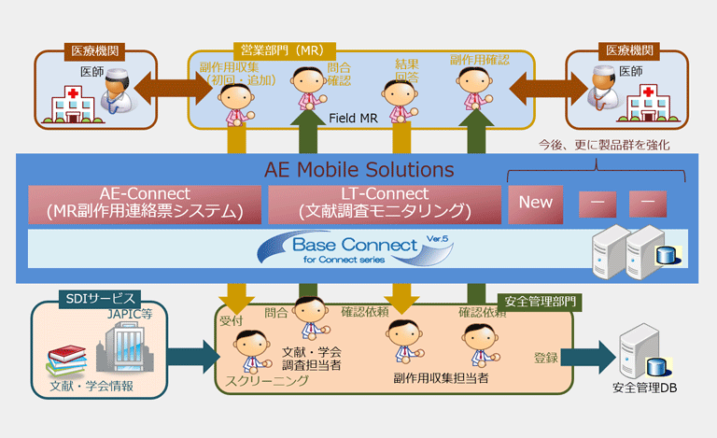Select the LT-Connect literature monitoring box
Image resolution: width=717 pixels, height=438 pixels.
383,204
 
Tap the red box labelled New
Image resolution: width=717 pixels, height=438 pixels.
536,203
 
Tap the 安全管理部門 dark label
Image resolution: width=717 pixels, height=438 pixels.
541,303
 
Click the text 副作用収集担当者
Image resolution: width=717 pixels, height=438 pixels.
441,378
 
